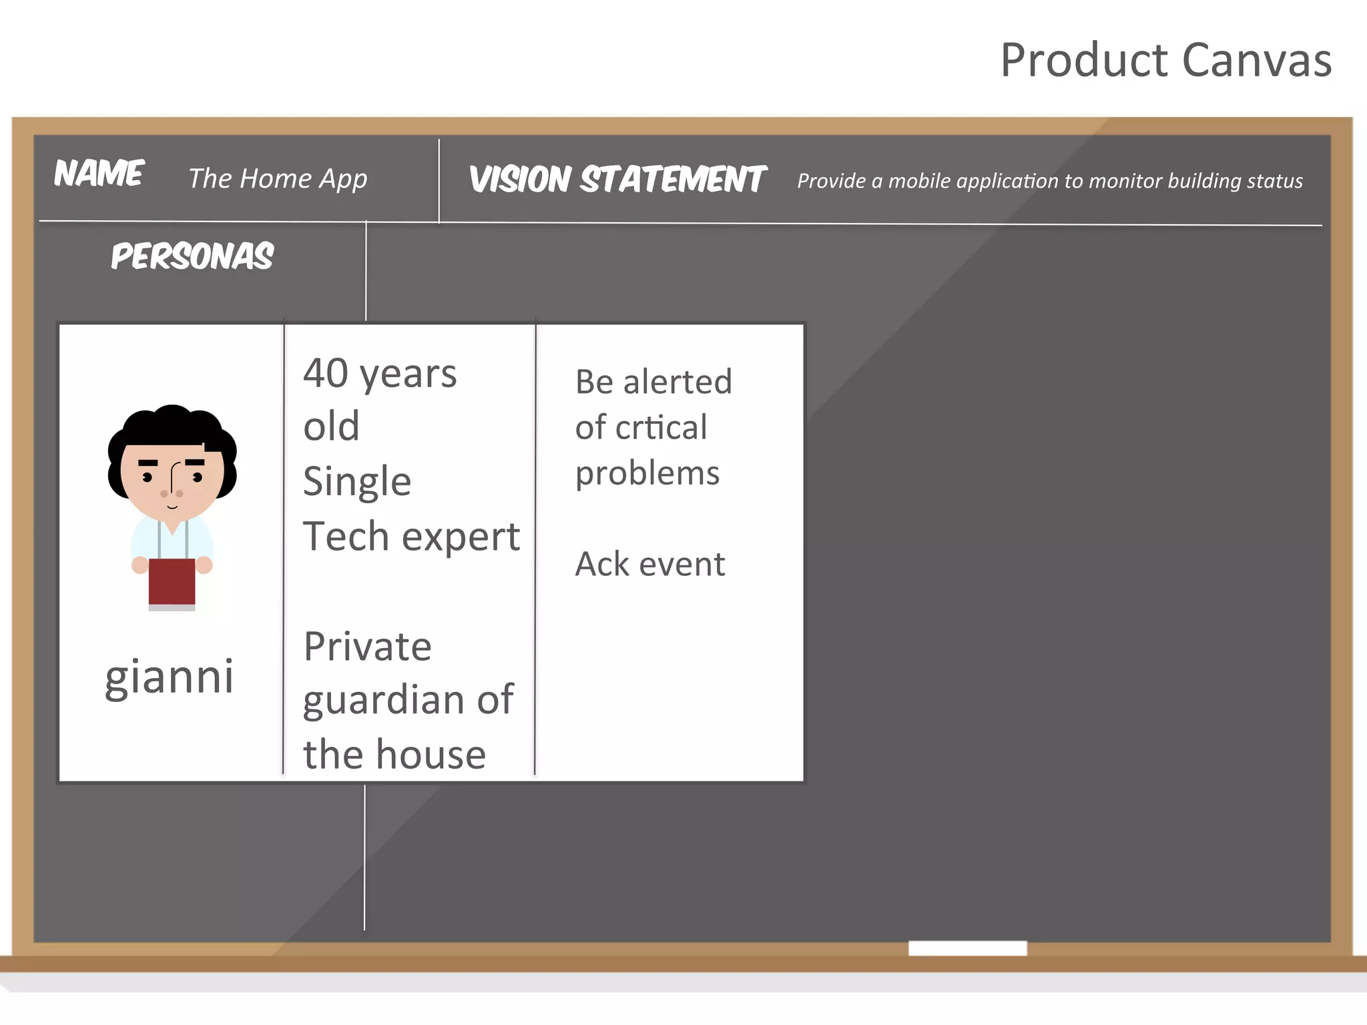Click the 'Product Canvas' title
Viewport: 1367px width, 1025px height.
[1165, 60]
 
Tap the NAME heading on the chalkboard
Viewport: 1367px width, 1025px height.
[99, 174]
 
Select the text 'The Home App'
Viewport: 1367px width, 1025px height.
[278, 179]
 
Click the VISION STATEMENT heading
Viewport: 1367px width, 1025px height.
[617, 180]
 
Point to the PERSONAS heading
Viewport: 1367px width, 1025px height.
[192, 256]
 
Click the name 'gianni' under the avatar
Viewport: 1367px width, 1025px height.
[170, 677]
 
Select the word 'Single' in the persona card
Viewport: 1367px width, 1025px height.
[356, 482]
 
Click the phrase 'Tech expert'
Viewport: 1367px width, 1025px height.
[411, 537]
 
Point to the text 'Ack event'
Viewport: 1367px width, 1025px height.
[649, 565]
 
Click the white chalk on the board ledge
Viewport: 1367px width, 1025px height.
[967, 948]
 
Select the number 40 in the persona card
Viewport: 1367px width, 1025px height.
[326, 373]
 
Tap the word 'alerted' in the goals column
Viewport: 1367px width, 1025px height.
[677, 382]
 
